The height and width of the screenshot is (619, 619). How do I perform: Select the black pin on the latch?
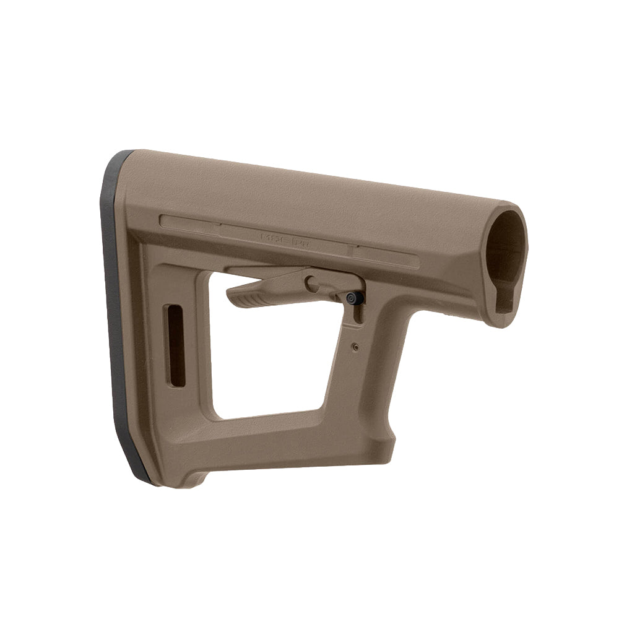pos(352,298)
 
